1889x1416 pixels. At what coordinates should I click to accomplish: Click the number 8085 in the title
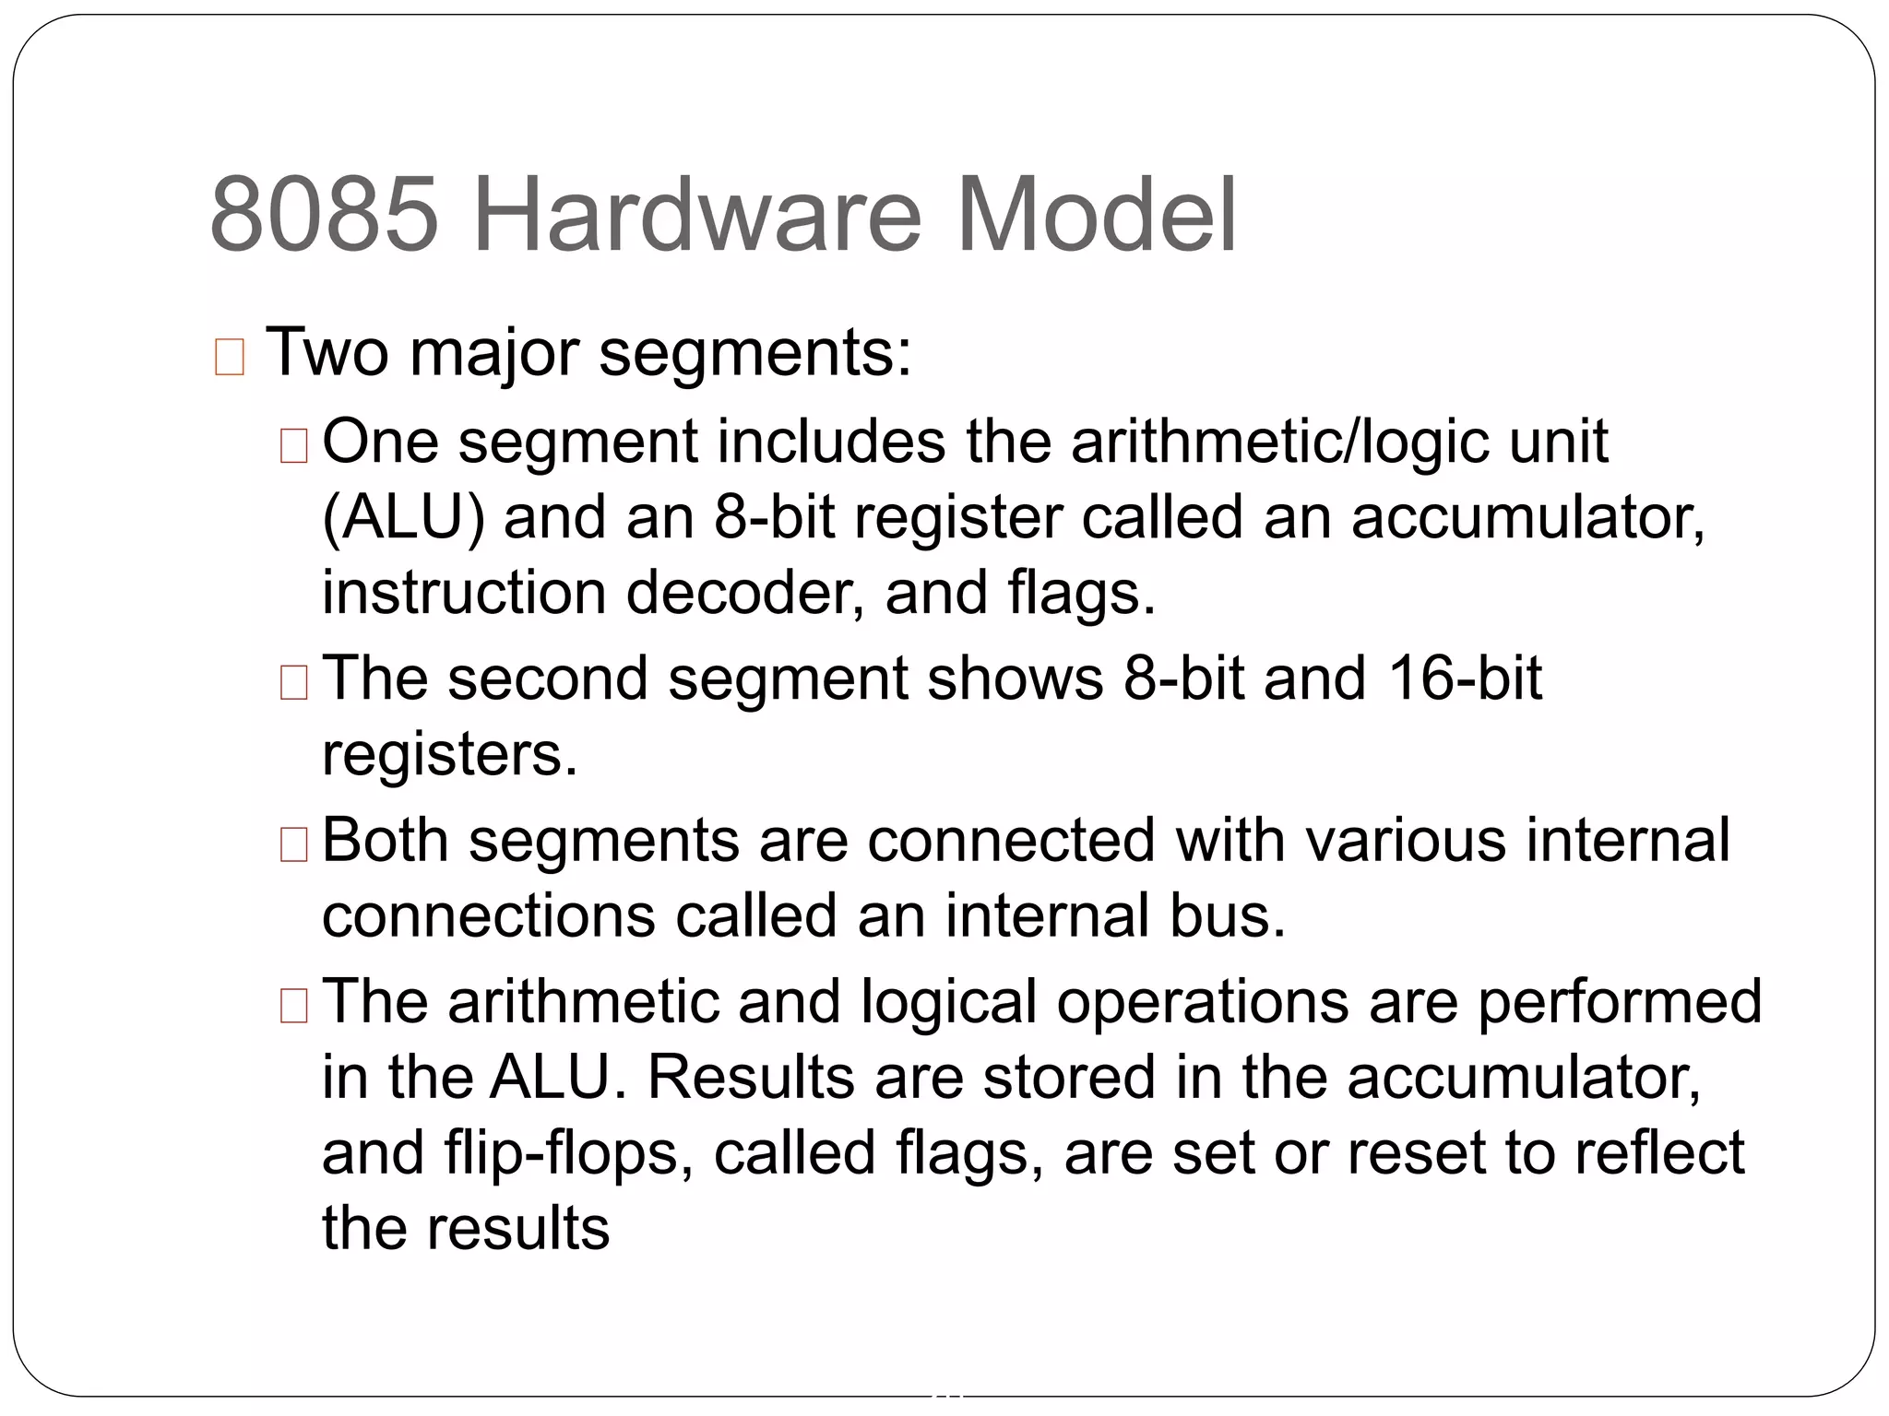click(x=324, y=215)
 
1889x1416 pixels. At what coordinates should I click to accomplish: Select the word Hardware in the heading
click(x=696, y=215)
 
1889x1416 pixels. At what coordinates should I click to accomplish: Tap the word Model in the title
click(x=1097, y=215)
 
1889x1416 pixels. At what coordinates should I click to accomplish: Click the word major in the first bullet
click(x=494, y=353)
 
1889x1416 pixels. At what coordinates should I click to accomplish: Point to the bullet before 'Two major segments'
click(x=229, y=357)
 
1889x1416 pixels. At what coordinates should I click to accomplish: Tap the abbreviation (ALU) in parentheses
click(x=403, y=517)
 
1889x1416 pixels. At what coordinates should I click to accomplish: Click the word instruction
click(x=464, y=592)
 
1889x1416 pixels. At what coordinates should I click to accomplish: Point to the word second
click(x=548, y=678)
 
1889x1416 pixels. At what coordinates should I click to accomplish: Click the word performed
click(x=1620, y=1002)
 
